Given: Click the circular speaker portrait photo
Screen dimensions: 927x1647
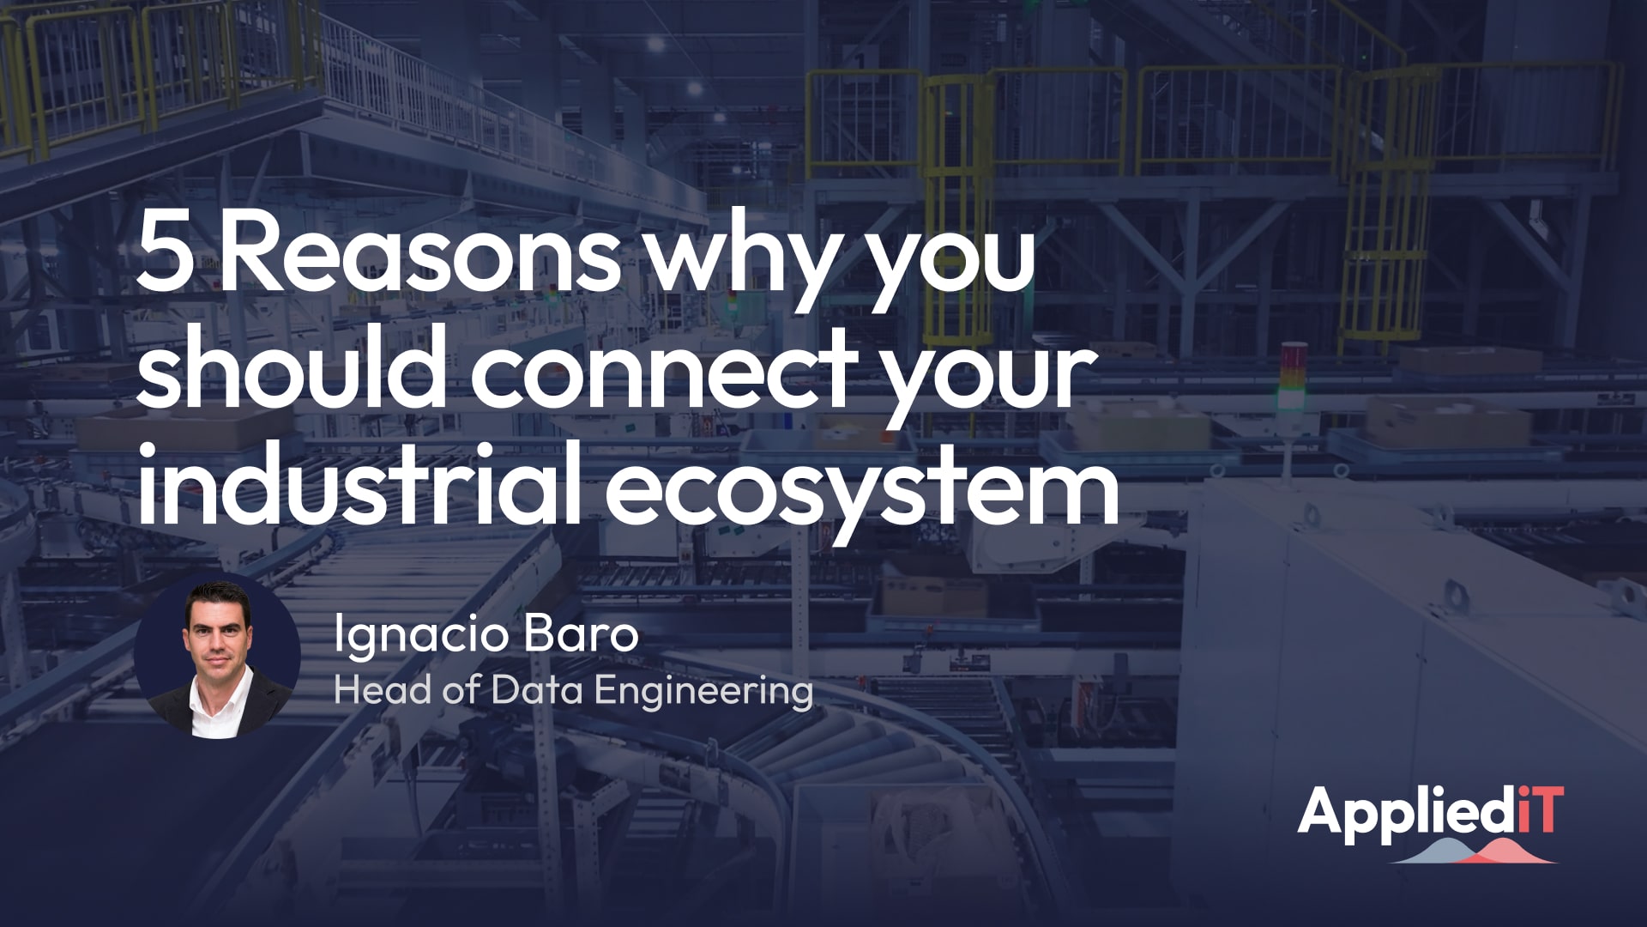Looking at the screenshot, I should coord(218,657).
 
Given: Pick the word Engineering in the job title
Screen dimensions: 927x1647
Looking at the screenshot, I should coord(703,692).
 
